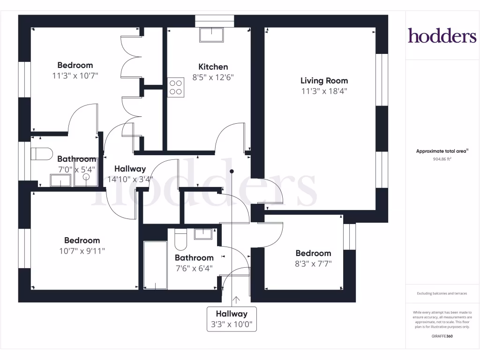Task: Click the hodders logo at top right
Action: coord(442,36)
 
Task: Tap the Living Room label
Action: coord(324,81)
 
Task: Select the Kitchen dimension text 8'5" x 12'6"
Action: coord(213,78)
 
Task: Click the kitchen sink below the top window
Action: coord(211,35)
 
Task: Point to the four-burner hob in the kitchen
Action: coord(176,87)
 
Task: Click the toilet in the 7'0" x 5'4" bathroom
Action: coord(40,154)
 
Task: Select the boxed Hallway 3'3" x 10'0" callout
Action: coord(232,319)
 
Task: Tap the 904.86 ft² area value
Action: coord(442,159)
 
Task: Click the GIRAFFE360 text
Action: coord(442,336)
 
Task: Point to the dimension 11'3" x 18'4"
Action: coord(324,91)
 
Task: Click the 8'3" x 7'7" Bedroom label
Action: coord(313,253)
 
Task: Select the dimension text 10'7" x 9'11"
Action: coord(82,251)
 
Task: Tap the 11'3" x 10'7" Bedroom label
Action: coord(75,65)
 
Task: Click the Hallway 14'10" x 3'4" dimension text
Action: coord(130,179)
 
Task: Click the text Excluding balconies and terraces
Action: coord(442,293)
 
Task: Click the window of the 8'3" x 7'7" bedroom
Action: coord(349,237)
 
